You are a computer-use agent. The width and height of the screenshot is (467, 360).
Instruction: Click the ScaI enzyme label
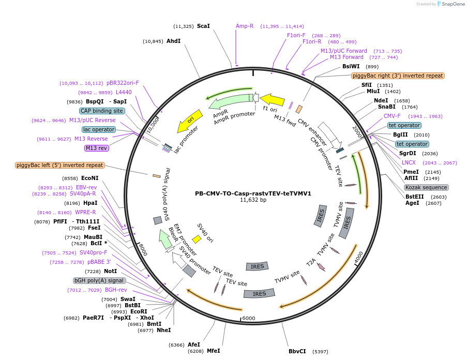[x=203, y=26]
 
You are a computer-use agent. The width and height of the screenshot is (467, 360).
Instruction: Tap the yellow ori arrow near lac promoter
[x=189, y=121]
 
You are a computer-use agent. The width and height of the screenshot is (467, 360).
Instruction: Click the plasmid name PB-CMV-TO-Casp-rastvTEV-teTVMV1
[x=253, y=193]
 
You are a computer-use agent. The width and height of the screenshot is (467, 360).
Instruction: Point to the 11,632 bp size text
[x=253, y=200]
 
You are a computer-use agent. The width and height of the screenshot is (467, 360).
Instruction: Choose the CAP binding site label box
[x=102, y=111]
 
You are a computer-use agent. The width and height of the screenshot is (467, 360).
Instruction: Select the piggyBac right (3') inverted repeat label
[x=398, y=76]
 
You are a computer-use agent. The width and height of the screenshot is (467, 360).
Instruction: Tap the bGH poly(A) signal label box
[x=99, y=280]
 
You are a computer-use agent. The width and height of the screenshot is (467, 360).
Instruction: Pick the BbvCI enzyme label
[x=297, y=351]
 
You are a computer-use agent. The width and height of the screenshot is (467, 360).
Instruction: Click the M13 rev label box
[x=97, y=148]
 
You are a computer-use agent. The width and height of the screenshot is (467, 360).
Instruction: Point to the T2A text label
[x=311, y=262]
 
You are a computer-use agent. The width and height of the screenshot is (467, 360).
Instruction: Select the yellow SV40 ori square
[x=197, y=239]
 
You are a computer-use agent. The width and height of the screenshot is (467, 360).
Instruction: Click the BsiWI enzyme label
[x=351, y=66]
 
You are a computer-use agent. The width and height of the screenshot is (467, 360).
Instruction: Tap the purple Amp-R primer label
[x=245, y=26]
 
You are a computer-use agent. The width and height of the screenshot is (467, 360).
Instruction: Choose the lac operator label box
[x=98, y=129]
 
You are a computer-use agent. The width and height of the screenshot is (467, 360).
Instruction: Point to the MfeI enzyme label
[x=214, y=351]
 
